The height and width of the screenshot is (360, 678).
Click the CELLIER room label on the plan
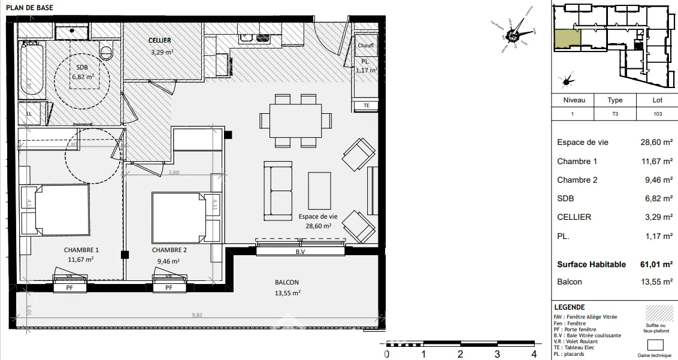(x=160, y=40)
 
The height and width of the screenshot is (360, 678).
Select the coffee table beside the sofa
(x=319, y=194)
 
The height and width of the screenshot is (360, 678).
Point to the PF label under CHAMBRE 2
(x=168, y=288)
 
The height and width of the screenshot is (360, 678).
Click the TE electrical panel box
(x=367, y=105)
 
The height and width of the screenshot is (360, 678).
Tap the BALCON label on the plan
(x=287, y=282)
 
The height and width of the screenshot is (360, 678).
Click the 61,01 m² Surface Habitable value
(x=656, y=264)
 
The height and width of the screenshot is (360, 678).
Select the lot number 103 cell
(x=657, y=114)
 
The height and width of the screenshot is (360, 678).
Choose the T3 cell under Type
(x=615, y=114)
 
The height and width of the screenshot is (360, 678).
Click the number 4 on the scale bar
(x=534, y=353)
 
